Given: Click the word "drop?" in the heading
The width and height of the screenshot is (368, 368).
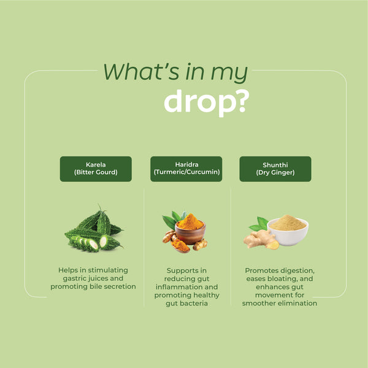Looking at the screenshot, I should (205, 102).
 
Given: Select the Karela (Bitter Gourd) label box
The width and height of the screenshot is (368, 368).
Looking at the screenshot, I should (96, 169).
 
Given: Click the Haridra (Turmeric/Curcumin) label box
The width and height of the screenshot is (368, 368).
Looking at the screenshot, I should (186, 169).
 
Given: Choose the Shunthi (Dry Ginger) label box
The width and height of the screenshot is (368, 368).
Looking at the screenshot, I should (275, 169).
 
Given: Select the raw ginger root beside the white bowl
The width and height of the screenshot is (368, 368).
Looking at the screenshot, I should (259, 239).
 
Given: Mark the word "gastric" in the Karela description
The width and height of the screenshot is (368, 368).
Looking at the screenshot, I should (71, 278).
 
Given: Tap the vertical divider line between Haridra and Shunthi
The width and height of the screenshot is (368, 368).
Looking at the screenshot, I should (231, 245).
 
